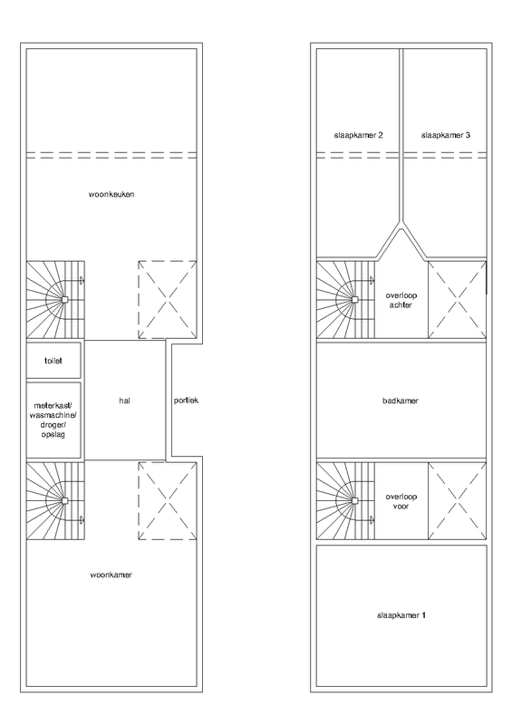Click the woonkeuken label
tap(112, 194)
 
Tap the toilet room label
tap(54, 359)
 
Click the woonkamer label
tap(112, 575)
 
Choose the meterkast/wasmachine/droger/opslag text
tap(54, 419)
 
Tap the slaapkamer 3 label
tap(445, 135)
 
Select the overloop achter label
tap(400, 301)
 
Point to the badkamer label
tap(400, 400)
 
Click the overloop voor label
tap(400, 503)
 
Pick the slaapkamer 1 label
tap(400, 616)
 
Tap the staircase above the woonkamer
tap(54, 500)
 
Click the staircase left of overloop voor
tap(344, 500)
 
